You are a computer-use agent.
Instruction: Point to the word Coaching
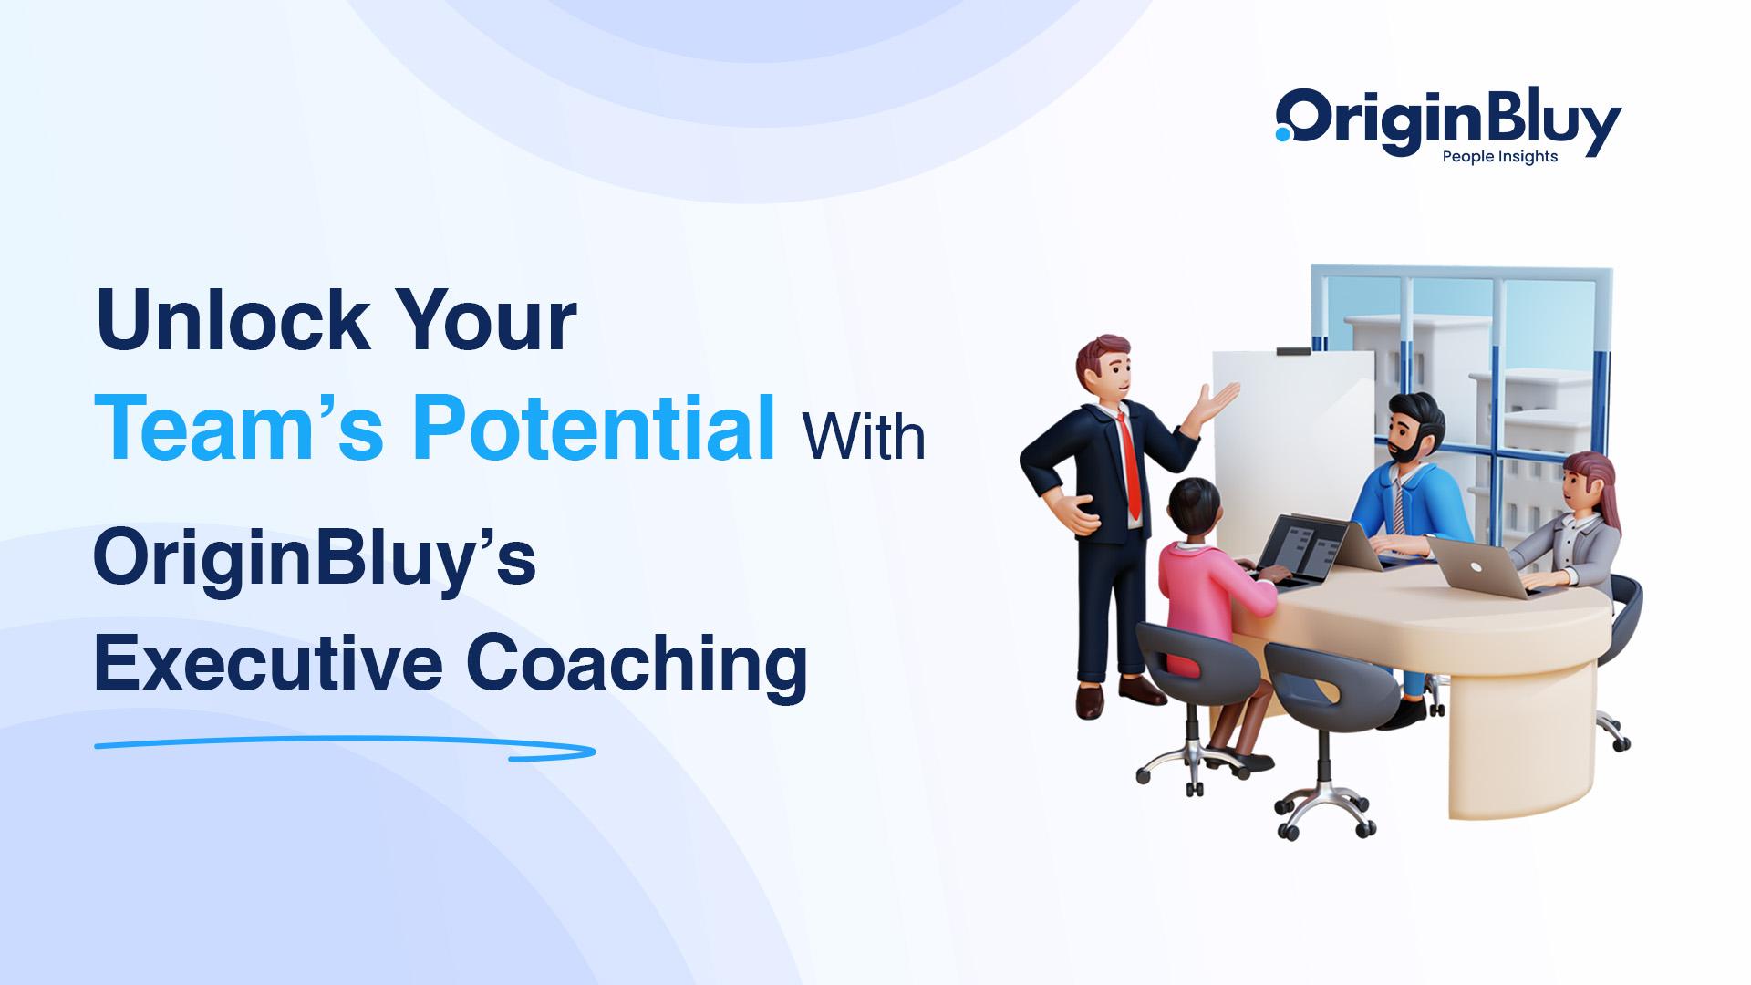(x=637, y=667)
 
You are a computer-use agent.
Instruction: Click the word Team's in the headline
(x=239, y=428)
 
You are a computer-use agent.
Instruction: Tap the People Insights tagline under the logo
(x=1499, y=157)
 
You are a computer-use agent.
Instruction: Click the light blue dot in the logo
(x=1283, y=134)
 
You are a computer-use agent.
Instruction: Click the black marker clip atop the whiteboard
(x=1293, y=350)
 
